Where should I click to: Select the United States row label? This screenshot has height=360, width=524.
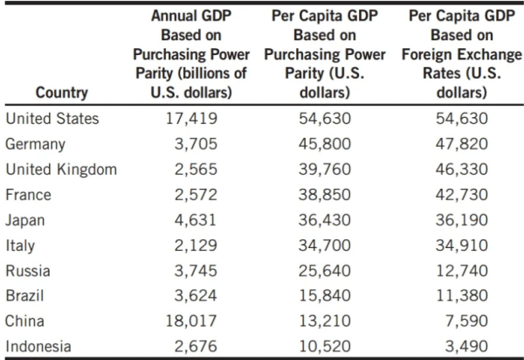coord(52,118)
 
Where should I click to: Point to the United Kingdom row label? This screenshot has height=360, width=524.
coord(60,168)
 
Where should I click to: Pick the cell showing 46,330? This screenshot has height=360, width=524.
coord(460,168)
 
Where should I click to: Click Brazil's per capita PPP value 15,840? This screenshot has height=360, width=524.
coord(324,294)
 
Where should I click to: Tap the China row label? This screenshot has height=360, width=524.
coord(26,320)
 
